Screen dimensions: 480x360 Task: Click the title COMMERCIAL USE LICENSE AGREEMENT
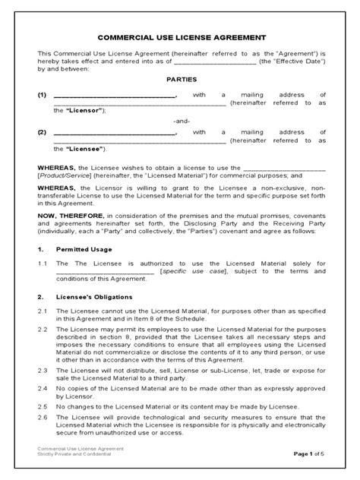(180, 37)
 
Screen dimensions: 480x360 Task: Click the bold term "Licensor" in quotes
(84, 110)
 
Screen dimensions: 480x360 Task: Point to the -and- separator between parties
(180, 121)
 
